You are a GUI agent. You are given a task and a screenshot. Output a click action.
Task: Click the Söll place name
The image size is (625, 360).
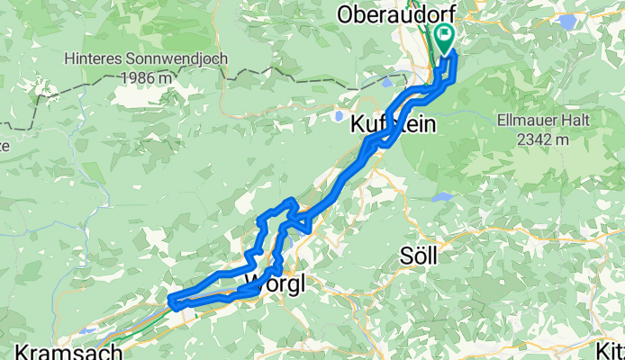[x=419, y=256]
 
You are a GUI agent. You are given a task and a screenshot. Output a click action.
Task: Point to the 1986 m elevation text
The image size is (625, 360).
[x=145, y=77]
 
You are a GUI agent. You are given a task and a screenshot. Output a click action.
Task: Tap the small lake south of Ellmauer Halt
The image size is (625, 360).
[x=441, y=195]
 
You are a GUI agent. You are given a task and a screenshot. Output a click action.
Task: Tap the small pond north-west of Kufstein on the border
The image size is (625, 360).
[x=387, y=80]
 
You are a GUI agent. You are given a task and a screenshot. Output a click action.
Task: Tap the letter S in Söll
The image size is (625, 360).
[x=405, y=256]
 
